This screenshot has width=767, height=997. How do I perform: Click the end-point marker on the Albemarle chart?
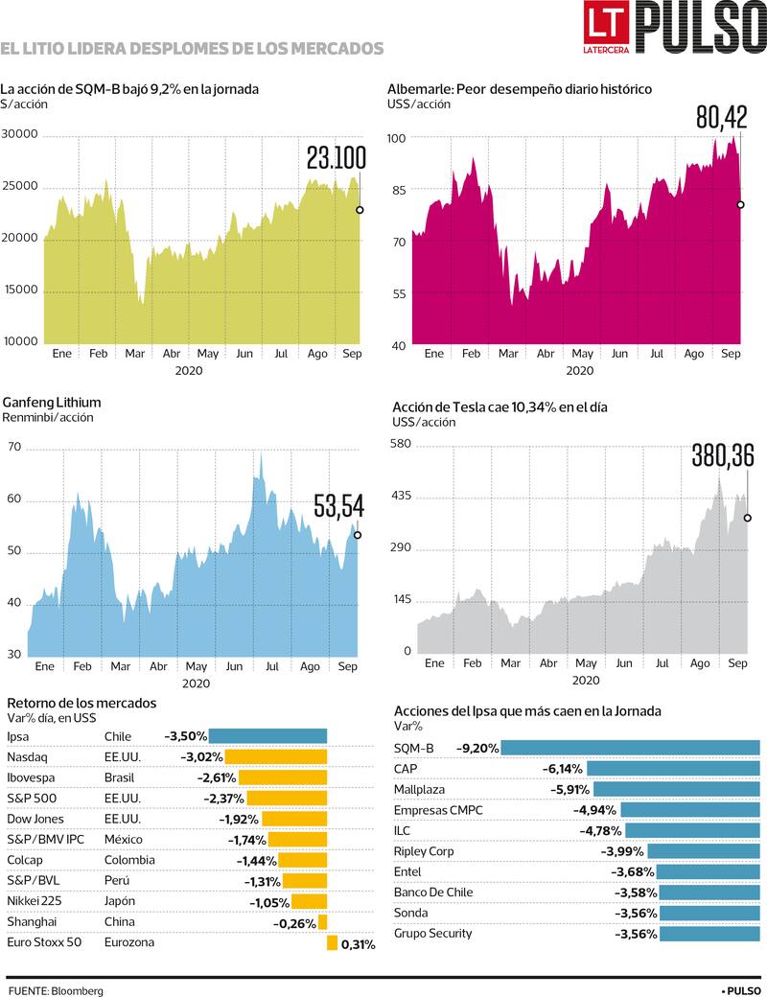pyautogui.click(x=740, y=204)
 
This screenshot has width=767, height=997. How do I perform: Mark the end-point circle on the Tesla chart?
pyautogui.click(x=747, y=518)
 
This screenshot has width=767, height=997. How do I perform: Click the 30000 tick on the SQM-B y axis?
pyautogui.click(x=19, y=134)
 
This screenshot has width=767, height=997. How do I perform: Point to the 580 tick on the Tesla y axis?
pyautogui.click(x=400, y=444)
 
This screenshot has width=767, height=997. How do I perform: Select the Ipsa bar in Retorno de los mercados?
pyautogui.click(x=267, y=736)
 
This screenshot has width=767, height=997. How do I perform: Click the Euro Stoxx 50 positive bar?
pyautogui.click(x=332, y=943)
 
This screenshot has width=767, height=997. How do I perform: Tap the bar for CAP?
pyautogui.click(x=673, y=768)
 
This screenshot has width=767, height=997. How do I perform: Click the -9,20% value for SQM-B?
pyautogui.click(x=476, y=748)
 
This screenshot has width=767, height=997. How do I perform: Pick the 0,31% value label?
pyautogui.click(x=359, y=944)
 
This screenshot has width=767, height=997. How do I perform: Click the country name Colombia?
pyautogui.click(x=129, y=860)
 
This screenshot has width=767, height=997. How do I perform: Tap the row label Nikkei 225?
pyautogui.click(x=35, y=901)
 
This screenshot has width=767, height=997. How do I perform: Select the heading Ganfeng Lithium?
pyautogui.click(x=52, y=403)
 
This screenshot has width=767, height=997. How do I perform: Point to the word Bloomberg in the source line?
pyautogui.click(x=80, y=990)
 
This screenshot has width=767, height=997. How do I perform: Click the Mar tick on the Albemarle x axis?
pyautogui.click(x=508, y=353)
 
